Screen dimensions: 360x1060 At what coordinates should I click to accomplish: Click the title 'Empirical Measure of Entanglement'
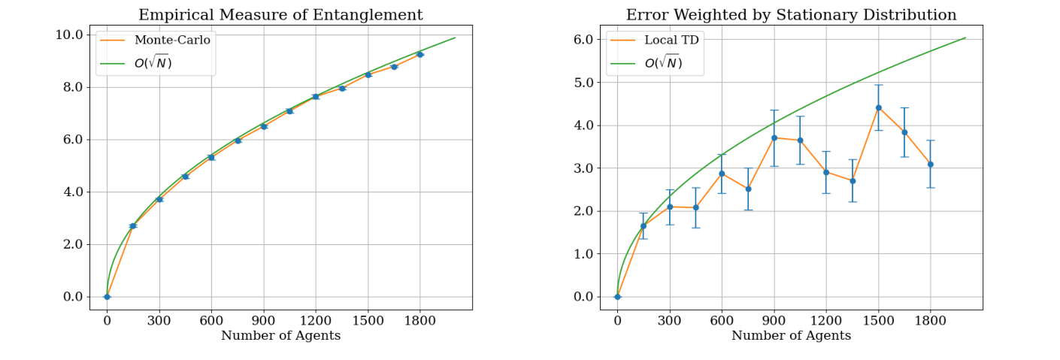point(280,15)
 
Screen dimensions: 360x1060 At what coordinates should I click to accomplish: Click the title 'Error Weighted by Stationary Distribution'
point(791,15)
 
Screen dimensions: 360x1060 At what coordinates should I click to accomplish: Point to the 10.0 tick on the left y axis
point(71,35)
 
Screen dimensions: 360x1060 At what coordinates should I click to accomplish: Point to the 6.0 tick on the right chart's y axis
point(583,39)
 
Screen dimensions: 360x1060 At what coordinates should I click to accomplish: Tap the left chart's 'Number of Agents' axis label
point(280,336)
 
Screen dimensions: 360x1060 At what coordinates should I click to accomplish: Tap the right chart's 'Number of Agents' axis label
point(791,336)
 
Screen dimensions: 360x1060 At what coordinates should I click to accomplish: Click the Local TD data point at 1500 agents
point(878,107)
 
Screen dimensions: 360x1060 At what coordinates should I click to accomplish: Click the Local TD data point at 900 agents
point(774,138)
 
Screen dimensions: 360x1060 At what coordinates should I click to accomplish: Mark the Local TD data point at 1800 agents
point(930,164)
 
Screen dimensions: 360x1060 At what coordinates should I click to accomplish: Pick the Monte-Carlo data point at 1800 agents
point(419,54)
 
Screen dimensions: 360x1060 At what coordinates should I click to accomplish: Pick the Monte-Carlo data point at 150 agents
point(133,225)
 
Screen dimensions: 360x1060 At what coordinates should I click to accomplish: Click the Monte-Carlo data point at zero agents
point(107,296)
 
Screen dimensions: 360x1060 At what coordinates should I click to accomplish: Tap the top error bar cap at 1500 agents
point(878,85)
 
